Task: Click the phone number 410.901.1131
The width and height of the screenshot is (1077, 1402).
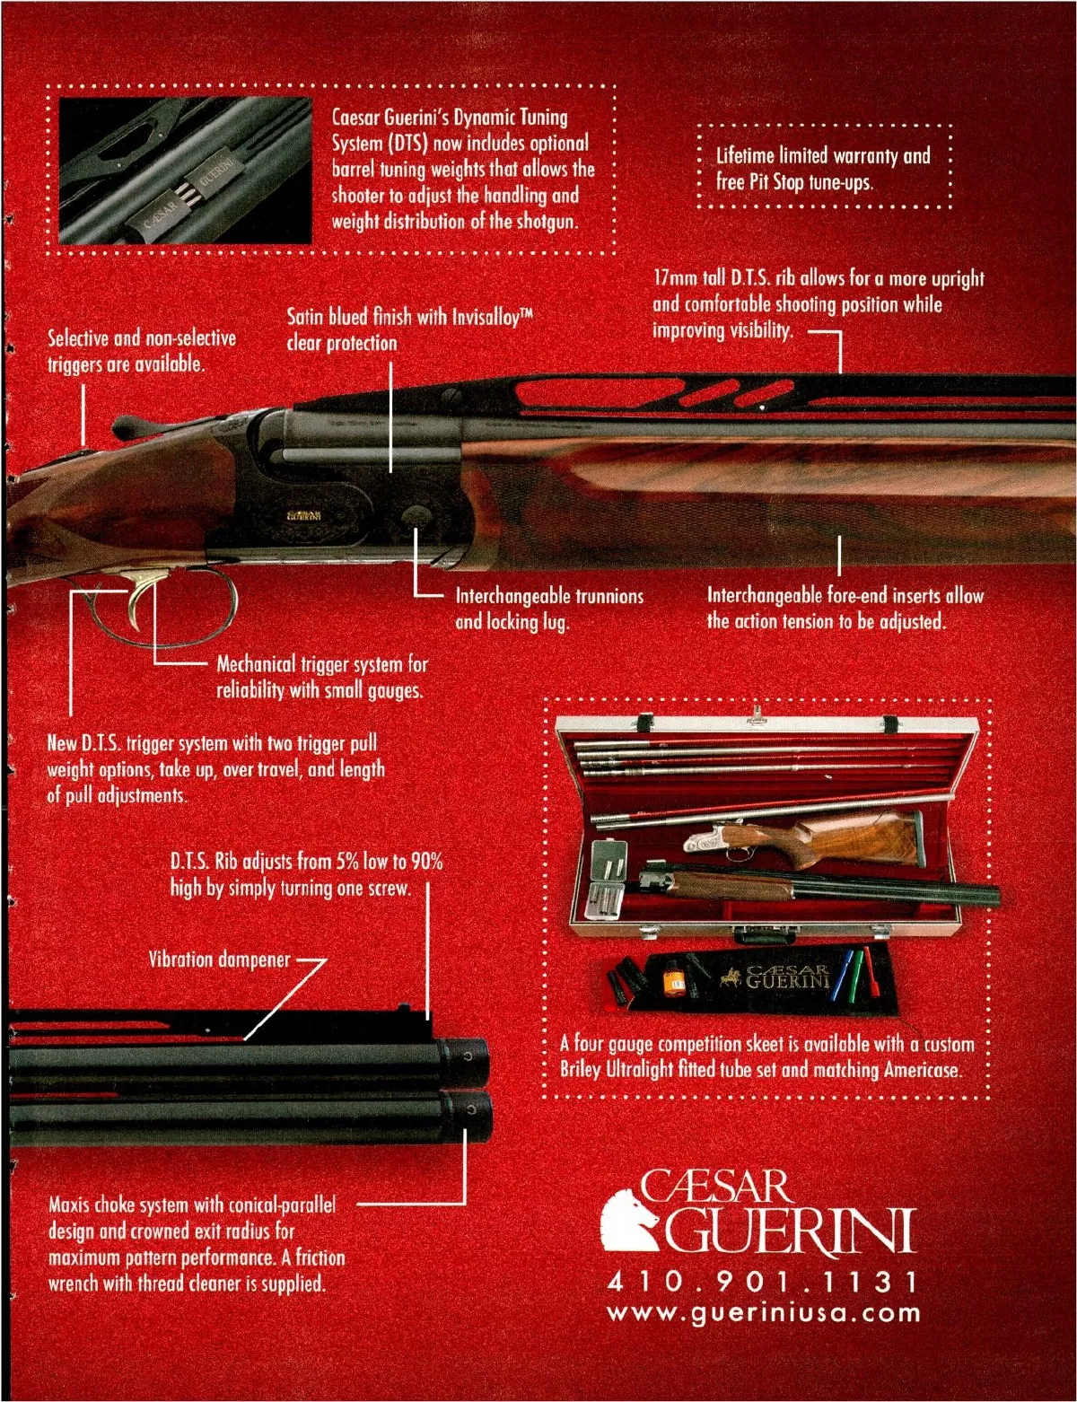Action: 762,1281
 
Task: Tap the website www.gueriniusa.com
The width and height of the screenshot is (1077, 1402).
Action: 764,1313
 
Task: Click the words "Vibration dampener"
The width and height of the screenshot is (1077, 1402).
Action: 219,959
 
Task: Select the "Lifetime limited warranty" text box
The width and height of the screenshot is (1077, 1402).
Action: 823,168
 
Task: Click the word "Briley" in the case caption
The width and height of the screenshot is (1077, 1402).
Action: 582,1070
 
